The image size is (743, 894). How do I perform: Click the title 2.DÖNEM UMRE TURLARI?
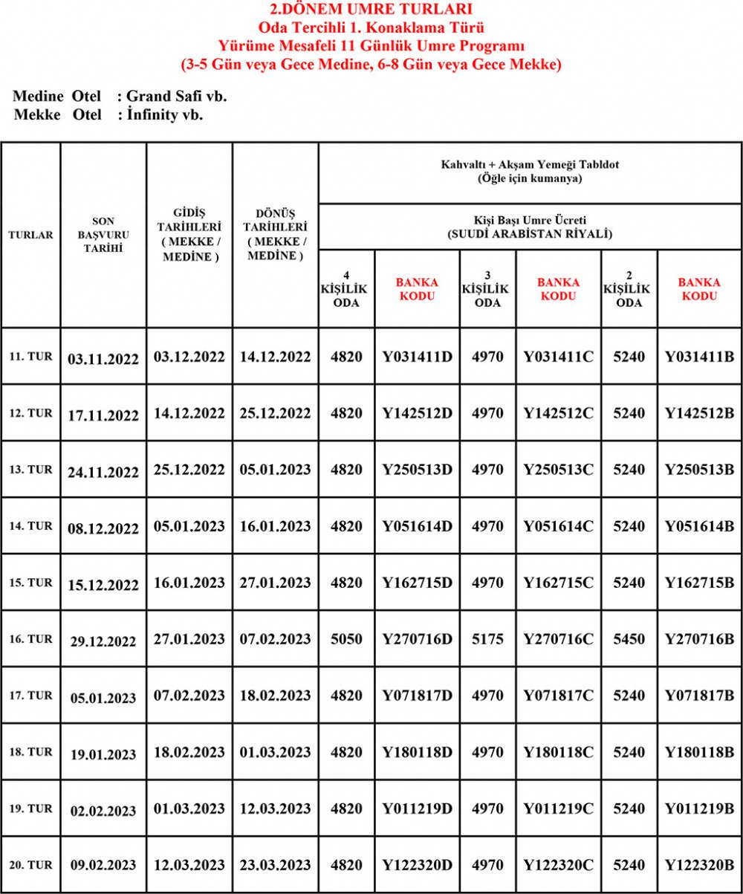coord(371,10)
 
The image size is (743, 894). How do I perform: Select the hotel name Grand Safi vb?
coord(177,97)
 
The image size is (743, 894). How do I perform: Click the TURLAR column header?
coord(30,235)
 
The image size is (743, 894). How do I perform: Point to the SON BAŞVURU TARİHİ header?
coord(103,235)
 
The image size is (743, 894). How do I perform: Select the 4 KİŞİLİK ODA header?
coord(346,288)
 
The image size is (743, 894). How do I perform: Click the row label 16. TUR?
coord(30,639)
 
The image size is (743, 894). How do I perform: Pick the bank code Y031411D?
coord(417,357)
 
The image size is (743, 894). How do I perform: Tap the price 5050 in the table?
coord(346,639)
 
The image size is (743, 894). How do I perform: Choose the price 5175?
coord(487,639)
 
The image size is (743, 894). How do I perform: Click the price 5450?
coord(629,639)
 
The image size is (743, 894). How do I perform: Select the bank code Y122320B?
coord(699,865)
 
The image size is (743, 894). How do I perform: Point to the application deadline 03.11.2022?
coord(103,358)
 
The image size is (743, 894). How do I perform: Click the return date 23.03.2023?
coord(275,865)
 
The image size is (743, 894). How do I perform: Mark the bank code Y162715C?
coord(558,583)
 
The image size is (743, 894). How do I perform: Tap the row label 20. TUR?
coord(30,865)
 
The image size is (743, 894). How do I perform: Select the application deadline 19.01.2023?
coord(103,754)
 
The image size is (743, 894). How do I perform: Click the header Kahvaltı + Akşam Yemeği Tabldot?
coord(530,163)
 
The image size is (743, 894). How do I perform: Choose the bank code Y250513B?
coord(699,470)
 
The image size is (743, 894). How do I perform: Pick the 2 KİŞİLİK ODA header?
coord(629,288)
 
